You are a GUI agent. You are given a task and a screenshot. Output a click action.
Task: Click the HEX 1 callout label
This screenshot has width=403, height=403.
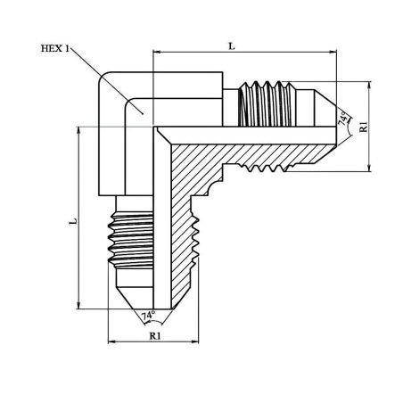[x=55, y=48]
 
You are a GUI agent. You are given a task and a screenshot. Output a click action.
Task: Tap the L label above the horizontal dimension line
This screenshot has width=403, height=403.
[x=232, y=46]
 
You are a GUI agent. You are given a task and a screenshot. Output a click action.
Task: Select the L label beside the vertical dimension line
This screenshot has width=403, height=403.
[x=73, y=221]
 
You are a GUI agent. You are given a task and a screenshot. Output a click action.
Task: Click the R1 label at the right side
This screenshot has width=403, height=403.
[x=364, y=127]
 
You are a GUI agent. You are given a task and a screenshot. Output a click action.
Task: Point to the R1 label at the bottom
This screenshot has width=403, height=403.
[x=155, y=336]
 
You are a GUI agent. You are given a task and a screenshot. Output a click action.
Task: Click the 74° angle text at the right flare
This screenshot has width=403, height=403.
[x=343, y=119]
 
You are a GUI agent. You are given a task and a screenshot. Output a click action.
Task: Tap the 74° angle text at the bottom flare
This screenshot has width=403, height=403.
[x=148, y=316]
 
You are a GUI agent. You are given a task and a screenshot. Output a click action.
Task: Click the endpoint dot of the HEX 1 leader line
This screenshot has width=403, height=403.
[x=143, y=113]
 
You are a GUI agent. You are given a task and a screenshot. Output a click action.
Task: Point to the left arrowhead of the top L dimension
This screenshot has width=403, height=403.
[x=156, y=52]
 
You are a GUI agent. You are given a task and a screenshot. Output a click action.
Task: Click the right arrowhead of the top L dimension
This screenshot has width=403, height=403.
[x=333, y=52]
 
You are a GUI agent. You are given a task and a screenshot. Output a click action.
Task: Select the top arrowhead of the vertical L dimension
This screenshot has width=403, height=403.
[x=78, y=130]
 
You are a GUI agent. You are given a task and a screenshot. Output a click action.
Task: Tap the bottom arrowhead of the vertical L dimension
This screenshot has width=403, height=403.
[x=78, y=305]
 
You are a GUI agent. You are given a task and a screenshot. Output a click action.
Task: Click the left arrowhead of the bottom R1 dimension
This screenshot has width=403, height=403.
[x=111, y=341]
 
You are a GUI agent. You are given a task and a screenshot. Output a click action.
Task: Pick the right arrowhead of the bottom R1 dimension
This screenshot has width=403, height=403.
[x=195, y=341]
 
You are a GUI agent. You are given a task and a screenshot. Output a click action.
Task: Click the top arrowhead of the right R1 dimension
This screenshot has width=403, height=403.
[x=369, y=86]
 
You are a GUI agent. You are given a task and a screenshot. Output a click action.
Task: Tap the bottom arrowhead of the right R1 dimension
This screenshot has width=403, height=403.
[x=369, y=168]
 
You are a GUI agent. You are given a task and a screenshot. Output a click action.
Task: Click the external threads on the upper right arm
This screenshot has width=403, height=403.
[x=267, y=103]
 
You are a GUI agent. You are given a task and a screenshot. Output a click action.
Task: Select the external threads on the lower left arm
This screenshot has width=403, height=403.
[x=131, y=239]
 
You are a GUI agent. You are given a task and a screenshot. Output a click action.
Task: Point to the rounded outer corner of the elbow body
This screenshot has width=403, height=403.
[x=104, y=78]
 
